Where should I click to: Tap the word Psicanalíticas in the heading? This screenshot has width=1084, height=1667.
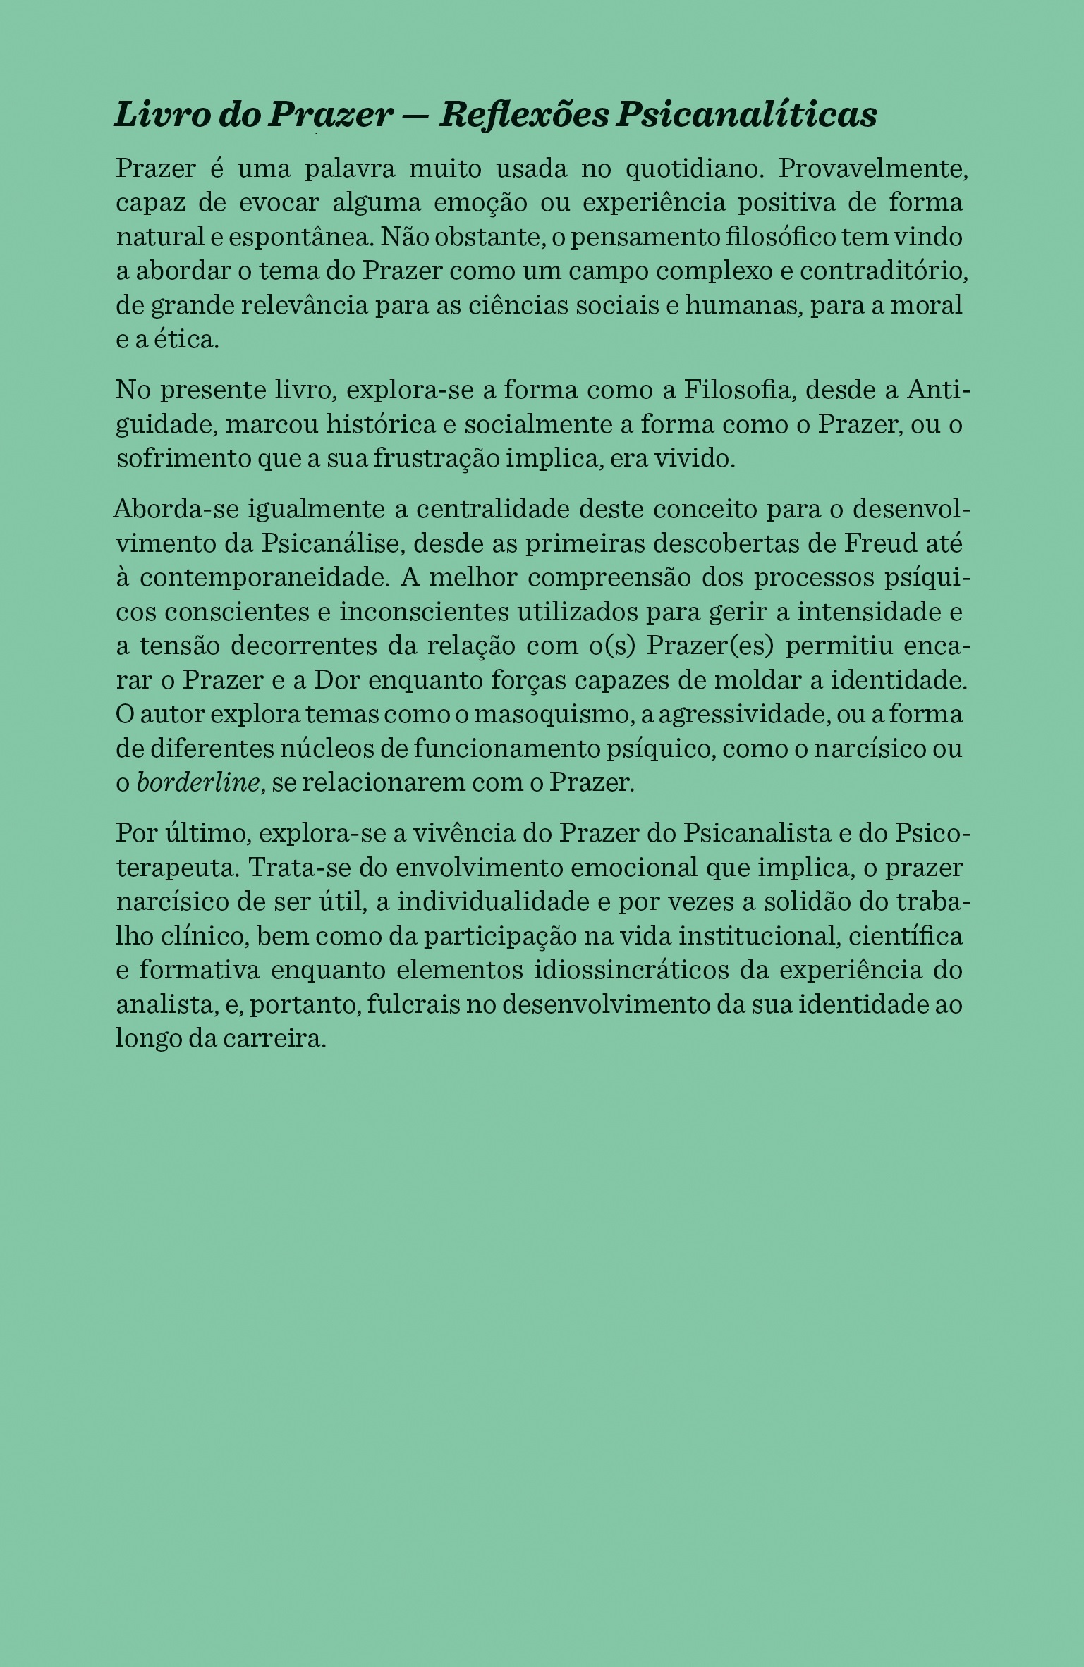(746, 115)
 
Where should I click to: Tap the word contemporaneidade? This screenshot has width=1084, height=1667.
(264, 577)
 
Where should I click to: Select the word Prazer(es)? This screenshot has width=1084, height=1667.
(707, 646)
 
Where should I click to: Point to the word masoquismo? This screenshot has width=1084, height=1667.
(550, 715)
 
